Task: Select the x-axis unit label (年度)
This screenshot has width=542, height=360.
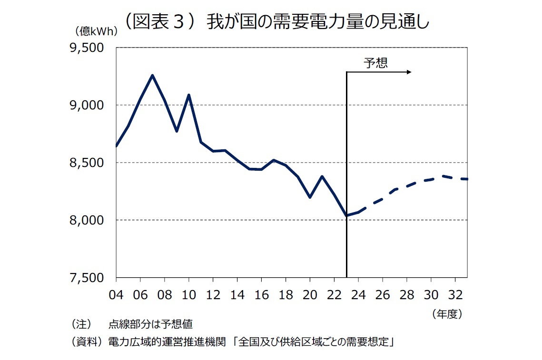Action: (447, 314)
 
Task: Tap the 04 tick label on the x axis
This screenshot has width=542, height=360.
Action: (116, 295)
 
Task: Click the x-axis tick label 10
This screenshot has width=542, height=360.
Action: (189, 295)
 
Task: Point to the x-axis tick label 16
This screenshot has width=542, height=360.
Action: (261, 295)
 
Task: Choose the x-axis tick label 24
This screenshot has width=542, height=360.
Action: (358, 295)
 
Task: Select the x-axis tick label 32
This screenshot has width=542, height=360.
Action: (455, 295)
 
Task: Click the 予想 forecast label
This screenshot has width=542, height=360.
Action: (376, 63)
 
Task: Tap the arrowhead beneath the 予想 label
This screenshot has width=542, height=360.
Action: (409, 72)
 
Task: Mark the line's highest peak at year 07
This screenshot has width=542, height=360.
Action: (152, 75)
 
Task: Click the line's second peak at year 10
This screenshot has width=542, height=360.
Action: (189, 95)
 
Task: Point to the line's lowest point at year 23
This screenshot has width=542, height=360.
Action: (346, 216)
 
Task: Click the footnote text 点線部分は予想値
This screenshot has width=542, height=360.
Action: (150, 324)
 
